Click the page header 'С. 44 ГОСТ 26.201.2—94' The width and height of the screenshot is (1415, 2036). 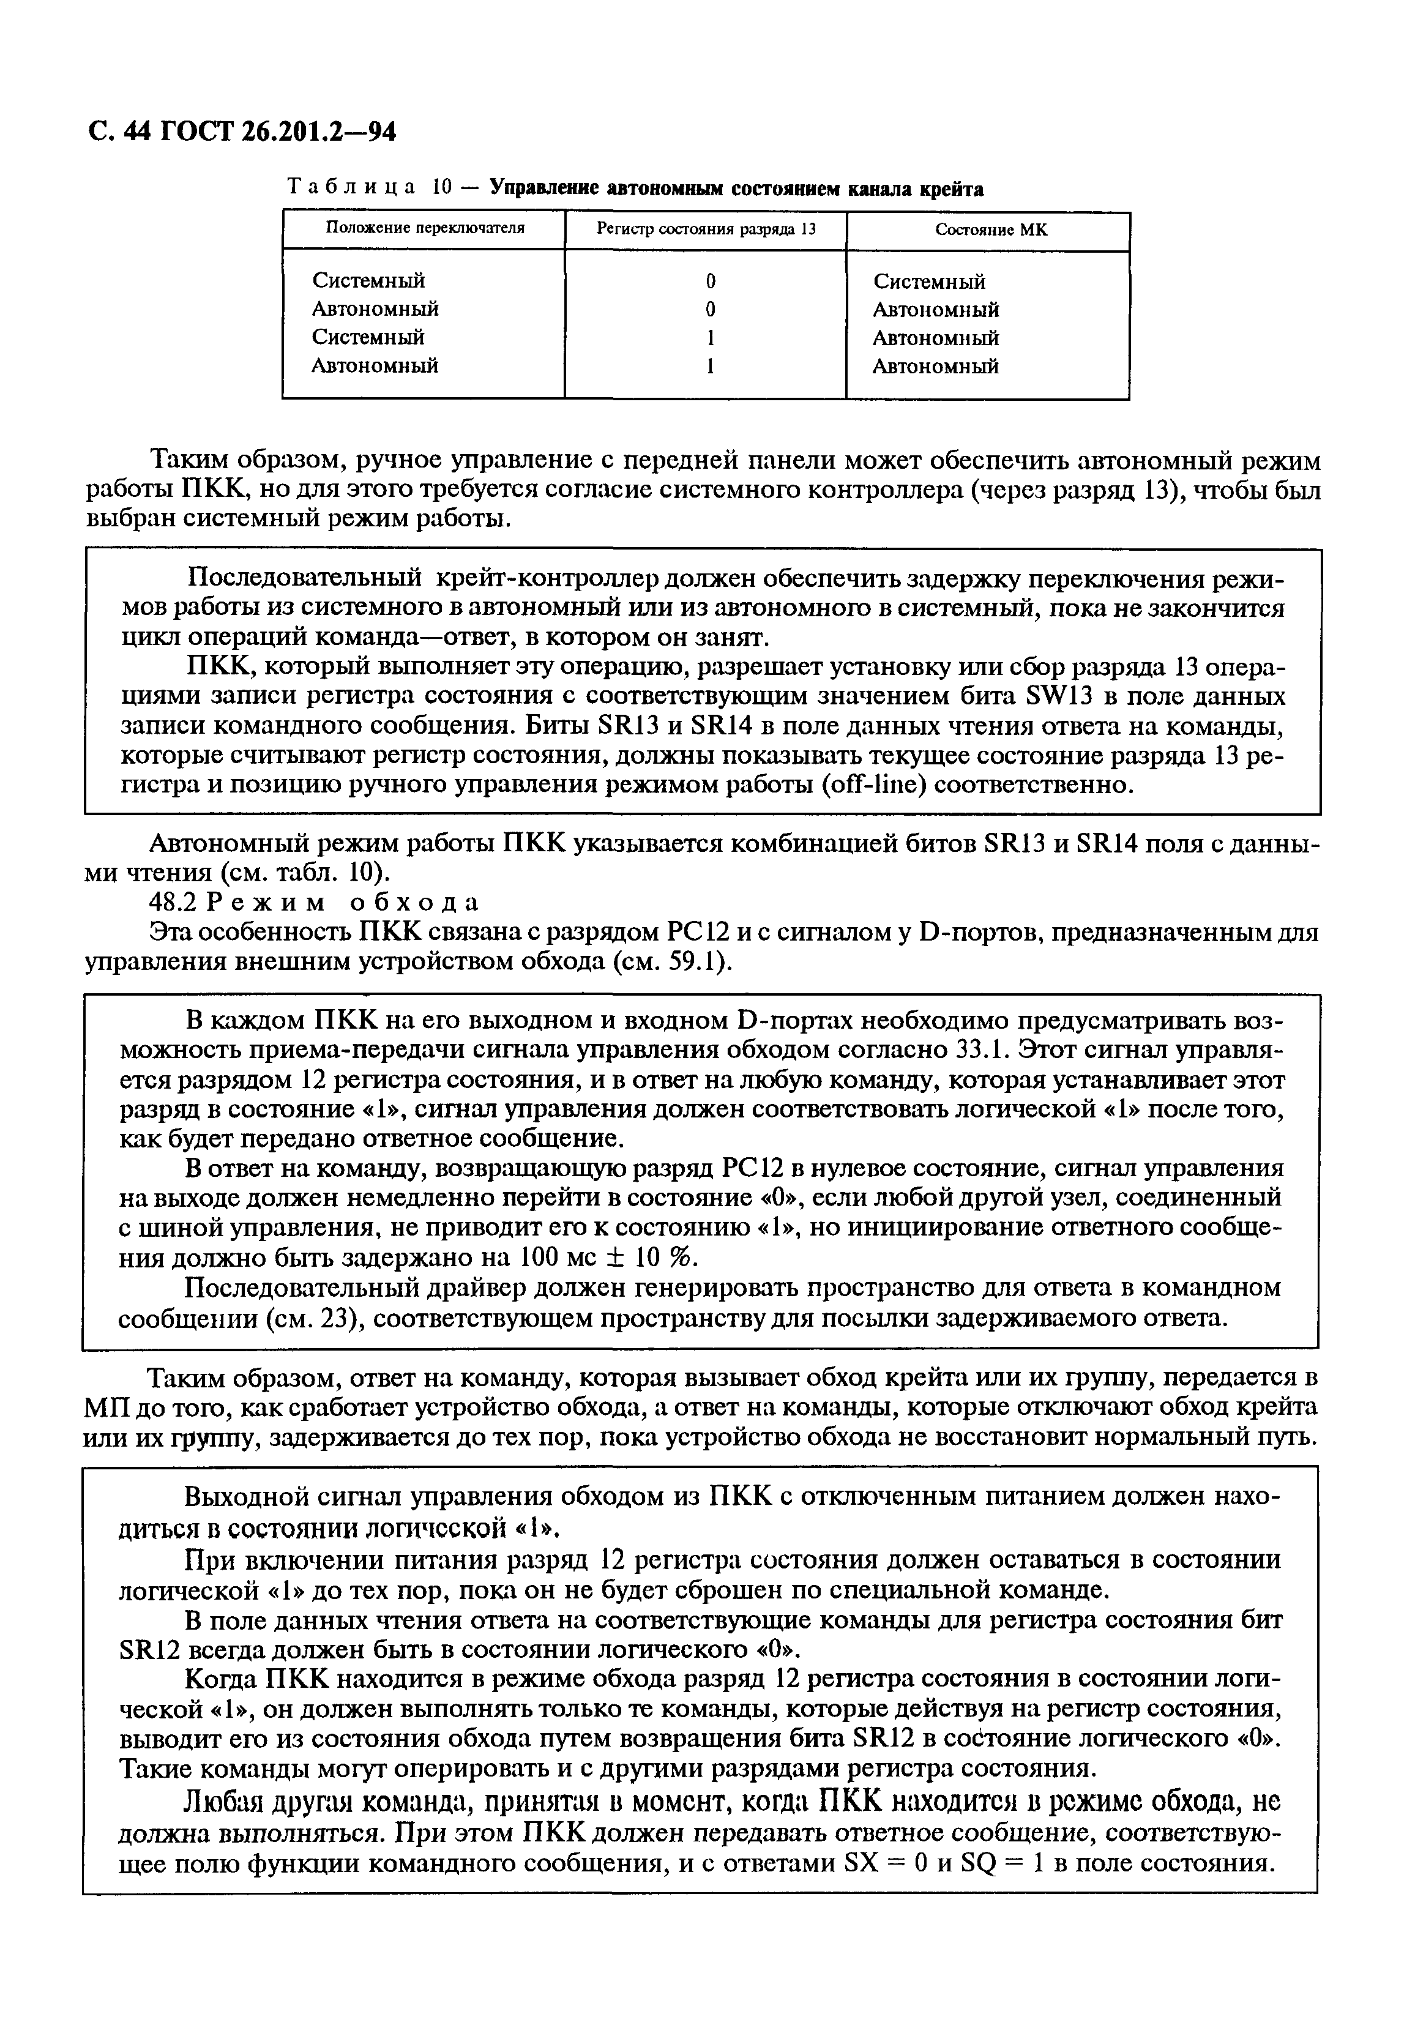tap(241, 131)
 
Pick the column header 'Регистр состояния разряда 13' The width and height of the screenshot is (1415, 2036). tap(706, 229)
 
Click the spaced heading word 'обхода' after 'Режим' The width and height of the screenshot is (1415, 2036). tap(415, 902)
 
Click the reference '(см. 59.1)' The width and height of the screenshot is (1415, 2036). tap(672, 962)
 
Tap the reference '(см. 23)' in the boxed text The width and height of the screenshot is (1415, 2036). tap(315, 1318)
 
